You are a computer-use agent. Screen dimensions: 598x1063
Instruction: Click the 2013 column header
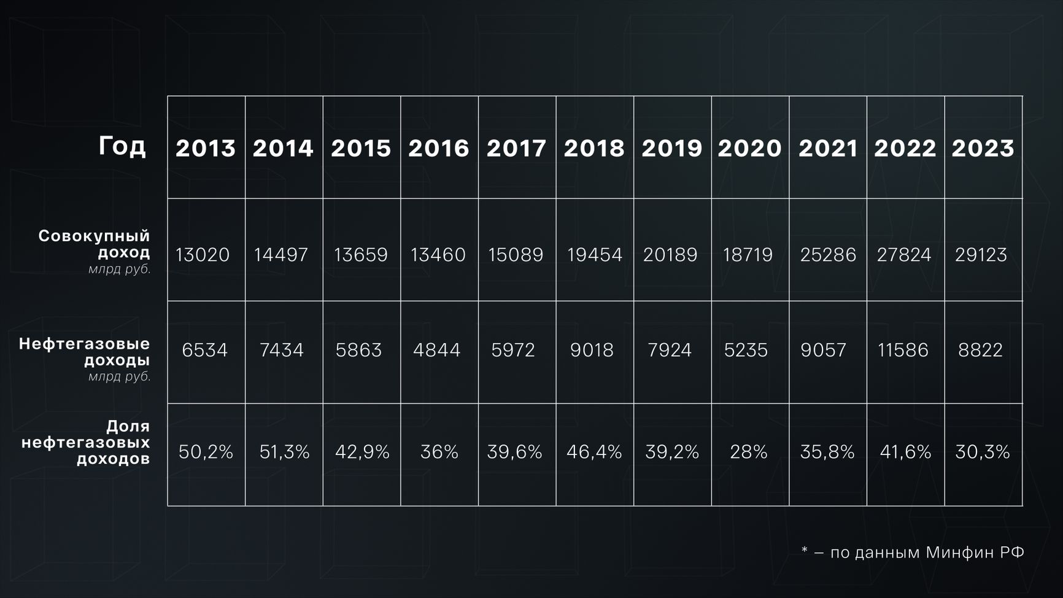(206, 148)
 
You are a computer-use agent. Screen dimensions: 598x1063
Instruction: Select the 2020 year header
(749, 148)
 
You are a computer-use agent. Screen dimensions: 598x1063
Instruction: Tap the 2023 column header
(983, 148)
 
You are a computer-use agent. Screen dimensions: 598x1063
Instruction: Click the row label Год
(122, 146)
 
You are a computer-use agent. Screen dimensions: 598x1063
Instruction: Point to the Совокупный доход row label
(95, 244)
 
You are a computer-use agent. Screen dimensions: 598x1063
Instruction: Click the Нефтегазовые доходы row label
(85, 352)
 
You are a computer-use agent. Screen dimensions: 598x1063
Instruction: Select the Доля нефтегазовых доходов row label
(86, 442)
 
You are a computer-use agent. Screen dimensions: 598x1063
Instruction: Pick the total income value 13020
(203, 255)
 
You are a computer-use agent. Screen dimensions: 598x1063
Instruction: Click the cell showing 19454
(594, 255)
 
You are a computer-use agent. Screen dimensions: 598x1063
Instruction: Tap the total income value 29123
(981, 255)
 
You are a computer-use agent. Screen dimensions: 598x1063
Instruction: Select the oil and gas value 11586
(903, 350)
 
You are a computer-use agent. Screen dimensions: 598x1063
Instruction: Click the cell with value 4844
(436, 350)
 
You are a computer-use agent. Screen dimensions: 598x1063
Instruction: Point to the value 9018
(592, 350)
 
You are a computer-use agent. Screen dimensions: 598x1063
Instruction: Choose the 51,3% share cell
(284, 452)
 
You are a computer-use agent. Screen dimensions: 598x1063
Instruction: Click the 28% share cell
(749, 452)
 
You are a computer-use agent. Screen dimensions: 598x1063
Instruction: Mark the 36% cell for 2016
(439, 452)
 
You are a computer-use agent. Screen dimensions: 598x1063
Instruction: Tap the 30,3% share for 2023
(983, 452)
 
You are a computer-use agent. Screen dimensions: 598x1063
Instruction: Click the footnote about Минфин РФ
(913, 553)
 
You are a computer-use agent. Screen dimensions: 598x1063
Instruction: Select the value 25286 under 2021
(828, 255)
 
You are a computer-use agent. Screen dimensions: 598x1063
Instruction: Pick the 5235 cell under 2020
(746, 350)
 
